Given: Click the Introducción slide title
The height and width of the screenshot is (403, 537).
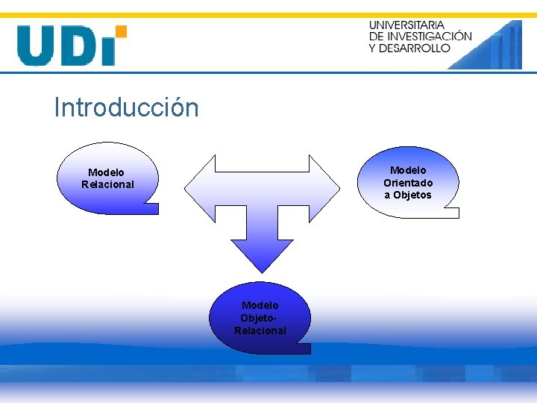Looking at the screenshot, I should tap(126, 108).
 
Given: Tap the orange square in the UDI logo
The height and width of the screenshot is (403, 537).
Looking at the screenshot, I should tap(121, 31).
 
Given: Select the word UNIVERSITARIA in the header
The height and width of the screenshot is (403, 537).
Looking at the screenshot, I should tap(406, 25).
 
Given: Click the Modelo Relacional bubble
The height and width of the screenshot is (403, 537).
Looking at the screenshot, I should tap(108, 178).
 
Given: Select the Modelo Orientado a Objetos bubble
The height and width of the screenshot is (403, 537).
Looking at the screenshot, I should tap(408, 182).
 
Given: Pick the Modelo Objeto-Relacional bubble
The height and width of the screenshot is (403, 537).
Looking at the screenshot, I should tap(260, 317).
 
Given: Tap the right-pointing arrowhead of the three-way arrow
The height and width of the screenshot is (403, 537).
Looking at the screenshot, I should tap(324, 182).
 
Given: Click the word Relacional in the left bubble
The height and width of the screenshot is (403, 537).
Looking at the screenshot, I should tap(107, 184).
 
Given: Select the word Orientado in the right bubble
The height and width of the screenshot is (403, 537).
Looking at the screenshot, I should tap(408, 183).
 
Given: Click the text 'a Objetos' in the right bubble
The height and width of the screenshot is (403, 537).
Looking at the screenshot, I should tap(408, 196).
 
